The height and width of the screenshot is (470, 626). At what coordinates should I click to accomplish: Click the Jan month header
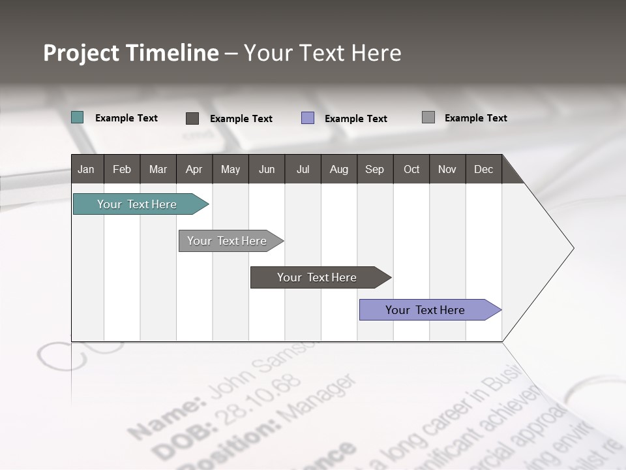pyautogui.click(x=87, y=169)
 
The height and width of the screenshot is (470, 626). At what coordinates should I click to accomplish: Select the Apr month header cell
pyautogui.click(x=194, y=169)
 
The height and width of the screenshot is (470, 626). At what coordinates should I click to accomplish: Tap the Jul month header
pyautogui.click(x=303, y=169)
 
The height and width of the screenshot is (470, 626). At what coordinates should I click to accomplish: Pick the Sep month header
pyautogui.click(x=374, y=169)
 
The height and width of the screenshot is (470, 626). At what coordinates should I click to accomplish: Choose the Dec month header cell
pyautogui.click(x=483, y=169)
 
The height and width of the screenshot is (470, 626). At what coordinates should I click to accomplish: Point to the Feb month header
pyautogui.click(x=122, y=169)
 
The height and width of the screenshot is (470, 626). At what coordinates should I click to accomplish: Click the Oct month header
pyautogui.click(x=411, y=169)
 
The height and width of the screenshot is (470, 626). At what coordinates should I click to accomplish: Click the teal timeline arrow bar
pyautogui.click(x=137, y=204)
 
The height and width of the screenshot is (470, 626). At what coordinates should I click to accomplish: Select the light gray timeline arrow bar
pyautogui.click(x=227, y=241)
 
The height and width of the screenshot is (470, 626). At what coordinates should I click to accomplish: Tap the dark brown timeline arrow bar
pyautogui.click(x=317, y=277)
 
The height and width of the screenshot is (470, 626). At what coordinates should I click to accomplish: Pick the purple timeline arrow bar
pyautogui.click(x=425, y=310)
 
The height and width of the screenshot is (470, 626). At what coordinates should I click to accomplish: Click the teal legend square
pyautogui.click(x=78, y=117)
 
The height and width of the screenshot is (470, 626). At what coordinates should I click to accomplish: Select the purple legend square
pyautogui.click(x=308, y=118)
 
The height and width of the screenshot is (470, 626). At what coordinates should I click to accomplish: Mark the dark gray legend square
pyautogui.click(x=192, y=118)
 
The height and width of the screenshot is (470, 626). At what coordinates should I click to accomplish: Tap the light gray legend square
pyautogui.click(x=428, y=117)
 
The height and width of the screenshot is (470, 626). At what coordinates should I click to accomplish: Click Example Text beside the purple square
pyautogui.click(x=356, y=119)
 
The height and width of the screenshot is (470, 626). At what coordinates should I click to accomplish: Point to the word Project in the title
pyautogui.click(x=82, y=54)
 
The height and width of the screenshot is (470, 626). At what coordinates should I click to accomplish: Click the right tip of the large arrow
pyautogui.click(x=572, y=248)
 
